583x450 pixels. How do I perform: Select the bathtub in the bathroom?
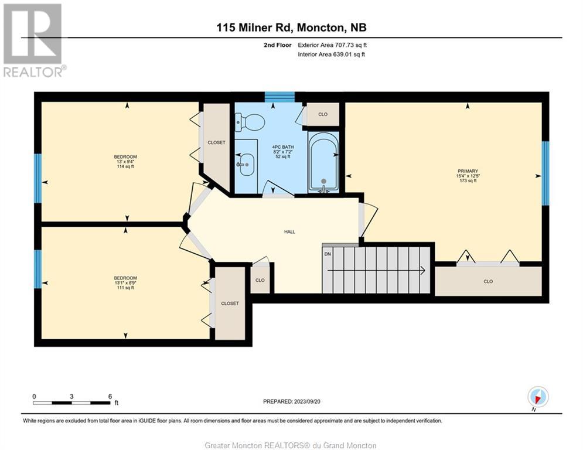(323, 162)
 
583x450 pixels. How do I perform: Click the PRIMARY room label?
(468, 171)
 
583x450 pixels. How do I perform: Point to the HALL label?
(289, 231)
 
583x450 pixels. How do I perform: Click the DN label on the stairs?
(328, 254)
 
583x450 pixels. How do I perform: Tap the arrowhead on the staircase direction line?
(423, 270)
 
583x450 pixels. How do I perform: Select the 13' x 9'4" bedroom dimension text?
(125, 162)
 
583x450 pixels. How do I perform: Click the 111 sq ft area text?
(125, 288)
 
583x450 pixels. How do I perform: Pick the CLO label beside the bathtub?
(323, 114)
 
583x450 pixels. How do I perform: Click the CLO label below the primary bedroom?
(488, 281)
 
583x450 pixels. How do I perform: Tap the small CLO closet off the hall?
(260, 280)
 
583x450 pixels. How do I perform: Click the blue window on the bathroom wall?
(279, 97)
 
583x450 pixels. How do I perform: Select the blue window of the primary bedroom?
(545, 173)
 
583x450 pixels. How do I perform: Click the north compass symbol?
(538, 397)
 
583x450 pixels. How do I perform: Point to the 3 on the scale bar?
(71, 397)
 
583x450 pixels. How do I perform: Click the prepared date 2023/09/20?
(307, 401)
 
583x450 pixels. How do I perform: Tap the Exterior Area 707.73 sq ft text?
(332, 45)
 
